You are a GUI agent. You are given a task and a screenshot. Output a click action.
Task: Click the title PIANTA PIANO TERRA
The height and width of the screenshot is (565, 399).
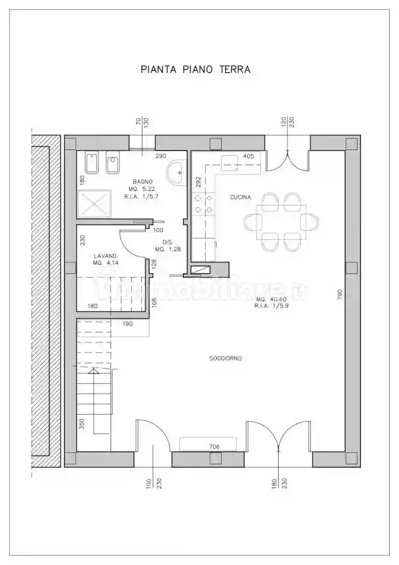pyautogui.click(x=195, y=69)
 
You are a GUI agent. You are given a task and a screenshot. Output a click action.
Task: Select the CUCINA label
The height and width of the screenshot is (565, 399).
pyautogui.click(x=240, y=197)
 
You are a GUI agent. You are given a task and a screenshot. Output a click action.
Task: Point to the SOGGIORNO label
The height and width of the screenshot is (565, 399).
pyautogui.click(x=225, y=358)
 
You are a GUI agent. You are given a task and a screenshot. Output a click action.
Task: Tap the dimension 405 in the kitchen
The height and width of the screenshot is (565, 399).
pyautogui.click(x=248, y=156)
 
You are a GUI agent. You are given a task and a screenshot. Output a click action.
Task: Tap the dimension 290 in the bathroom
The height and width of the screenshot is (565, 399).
pyautogui.click(x=161, y=156)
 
